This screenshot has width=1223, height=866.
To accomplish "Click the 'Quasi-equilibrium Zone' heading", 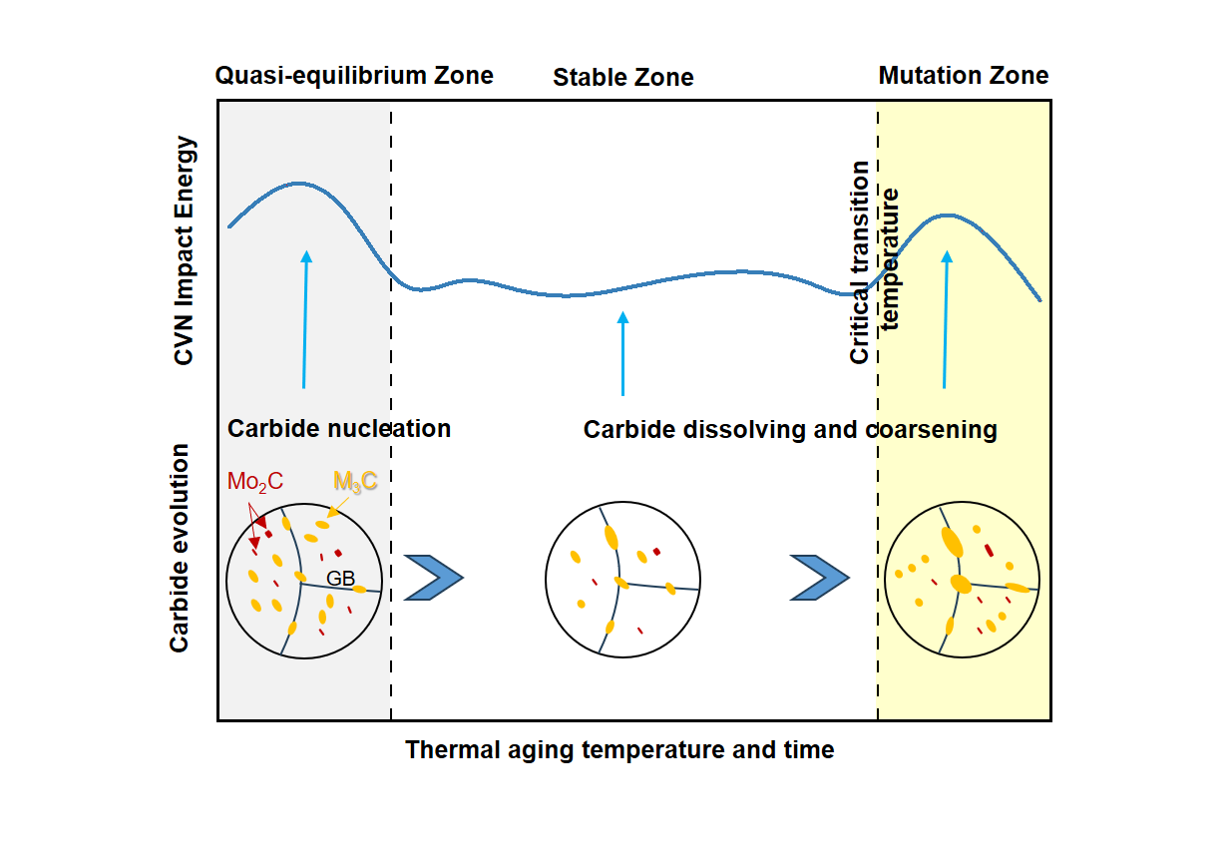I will pyautogui.click(x=354, y=76).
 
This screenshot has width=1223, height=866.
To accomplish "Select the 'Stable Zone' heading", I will pyautogui.click(x=623, y=78).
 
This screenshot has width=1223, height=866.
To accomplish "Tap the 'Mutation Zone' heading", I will pyautogui.click(x=964, y=76).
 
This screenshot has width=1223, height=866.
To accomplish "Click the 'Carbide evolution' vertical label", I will pyautogui.click(x=180, y=548).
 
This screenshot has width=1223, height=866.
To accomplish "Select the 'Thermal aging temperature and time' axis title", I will pyautogui.click(x=619, y=749).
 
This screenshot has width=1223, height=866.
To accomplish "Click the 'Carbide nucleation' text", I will pyautogui.click(x=339, y=429).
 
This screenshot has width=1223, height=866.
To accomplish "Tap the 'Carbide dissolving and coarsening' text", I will pyautogui.click(x=790, y=430).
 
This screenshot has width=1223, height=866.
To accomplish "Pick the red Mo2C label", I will pyautogui.click(x=255, y=482).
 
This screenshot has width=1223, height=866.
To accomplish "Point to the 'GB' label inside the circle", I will pyautogui.click(x=341, y=577).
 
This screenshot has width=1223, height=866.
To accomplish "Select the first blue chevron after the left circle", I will pyautogui.click(x=434, y=577).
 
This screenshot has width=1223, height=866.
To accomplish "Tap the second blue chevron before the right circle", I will pyautogui.click(x=820, y=577).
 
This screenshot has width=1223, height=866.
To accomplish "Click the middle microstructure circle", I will pyautogui.click(x=619, y=580).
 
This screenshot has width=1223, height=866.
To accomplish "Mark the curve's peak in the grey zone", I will pyautogui.click(x=297, y=184).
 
